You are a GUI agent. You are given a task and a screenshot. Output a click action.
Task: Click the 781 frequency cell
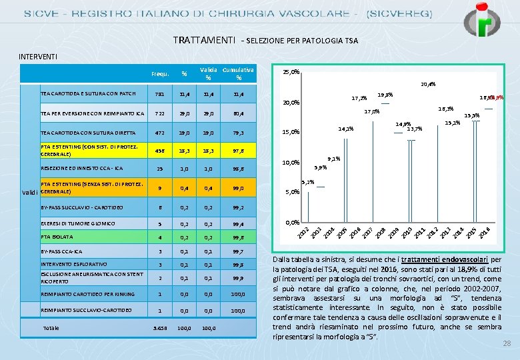click(x=159, y=94)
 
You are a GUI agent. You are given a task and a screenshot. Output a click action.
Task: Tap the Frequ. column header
click(x=160, y=73)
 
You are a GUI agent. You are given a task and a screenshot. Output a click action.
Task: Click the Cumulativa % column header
click(x=238, y=73)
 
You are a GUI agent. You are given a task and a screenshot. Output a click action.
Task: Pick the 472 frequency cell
click(x=159, y=132)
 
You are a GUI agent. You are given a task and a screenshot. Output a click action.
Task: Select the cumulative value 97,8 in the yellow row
click(x=238, y=151)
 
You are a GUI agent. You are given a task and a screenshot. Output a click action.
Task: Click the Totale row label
click(x=51, y=328)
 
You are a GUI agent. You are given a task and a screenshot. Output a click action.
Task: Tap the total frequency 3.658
click(x=159, y=328)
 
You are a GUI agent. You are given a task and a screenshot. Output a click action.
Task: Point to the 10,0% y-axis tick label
click(x=291, y=162)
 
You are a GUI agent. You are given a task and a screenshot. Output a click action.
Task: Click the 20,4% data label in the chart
click(x=427, y=85)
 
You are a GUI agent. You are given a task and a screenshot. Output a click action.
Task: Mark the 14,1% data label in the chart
click(x=345, y=129)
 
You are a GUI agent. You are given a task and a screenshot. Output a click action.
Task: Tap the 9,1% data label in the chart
click(x=334, y=159)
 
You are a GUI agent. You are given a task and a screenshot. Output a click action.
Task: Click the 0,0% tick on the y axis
click(x=292, y=222)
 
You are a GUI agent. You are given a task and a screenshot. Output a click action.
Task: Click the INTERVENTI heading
click(x=37, y=57)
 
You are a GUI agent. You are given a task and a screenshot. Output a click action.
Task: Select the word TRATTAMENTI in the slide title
click(x=203, y=40)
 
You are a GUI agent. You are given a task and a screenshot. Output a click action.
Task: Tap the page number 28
click(x=506, y=342)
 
